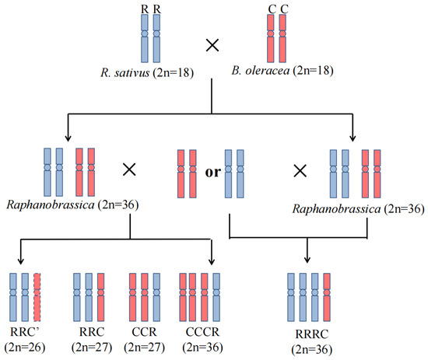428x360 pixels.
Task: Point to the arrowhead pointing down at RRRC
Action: point(308,263)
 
